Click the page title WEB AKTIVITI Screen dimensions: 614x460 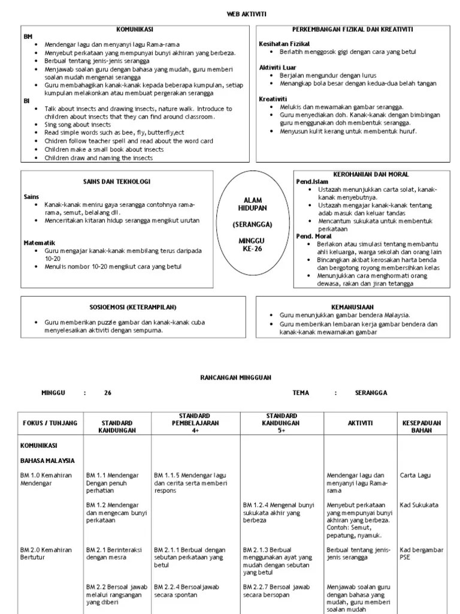click(x=229, y=13)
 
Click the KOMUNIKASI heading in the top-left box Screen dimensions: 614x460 click(x=134, y=29)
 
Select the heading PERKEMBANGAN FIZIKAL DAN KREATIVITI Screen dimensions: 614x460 click(x=352, y=29)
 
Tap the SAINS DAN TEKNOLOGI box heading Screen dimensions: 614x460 click(x=116, y=181)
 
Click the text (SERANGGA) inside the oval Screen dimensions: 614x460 click(x=252, y=224)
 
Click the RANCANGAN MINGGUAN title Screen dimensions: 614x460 click(x=230, y=377)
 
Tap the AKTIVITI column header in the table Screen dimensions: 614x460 click(x=360, y=423)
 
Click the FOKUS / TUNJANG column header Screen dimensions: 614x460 click(x=50, y=423)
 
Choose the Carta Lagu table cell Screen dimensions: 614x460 click(x=416, y=475)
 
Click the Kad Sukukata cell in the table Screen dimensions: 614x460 click(x=419, y=505)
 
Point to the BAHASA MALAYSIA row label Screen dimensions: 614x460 click(x=47, y=460)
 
